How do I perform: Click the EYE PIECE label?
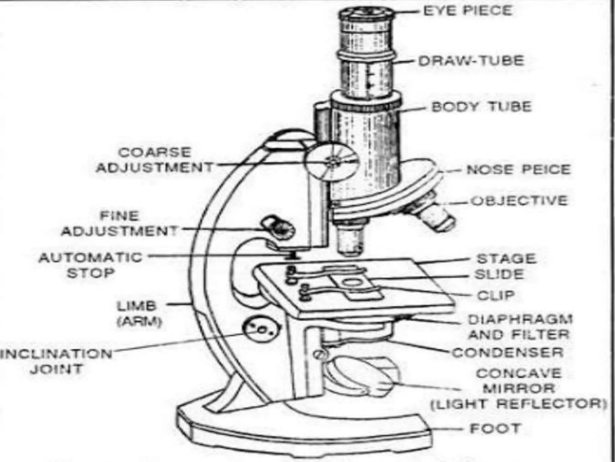(467, 11)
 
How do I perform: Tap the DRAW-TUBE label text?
(471, 61)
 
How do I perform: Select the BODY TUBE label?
(481, 107)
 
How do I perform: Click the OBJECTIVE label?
(519, 201)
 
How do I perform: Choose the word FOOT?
(495, 429)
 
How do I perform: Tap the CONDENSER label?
(507, 353)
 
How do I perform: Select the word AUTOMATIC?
(90, 258)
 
